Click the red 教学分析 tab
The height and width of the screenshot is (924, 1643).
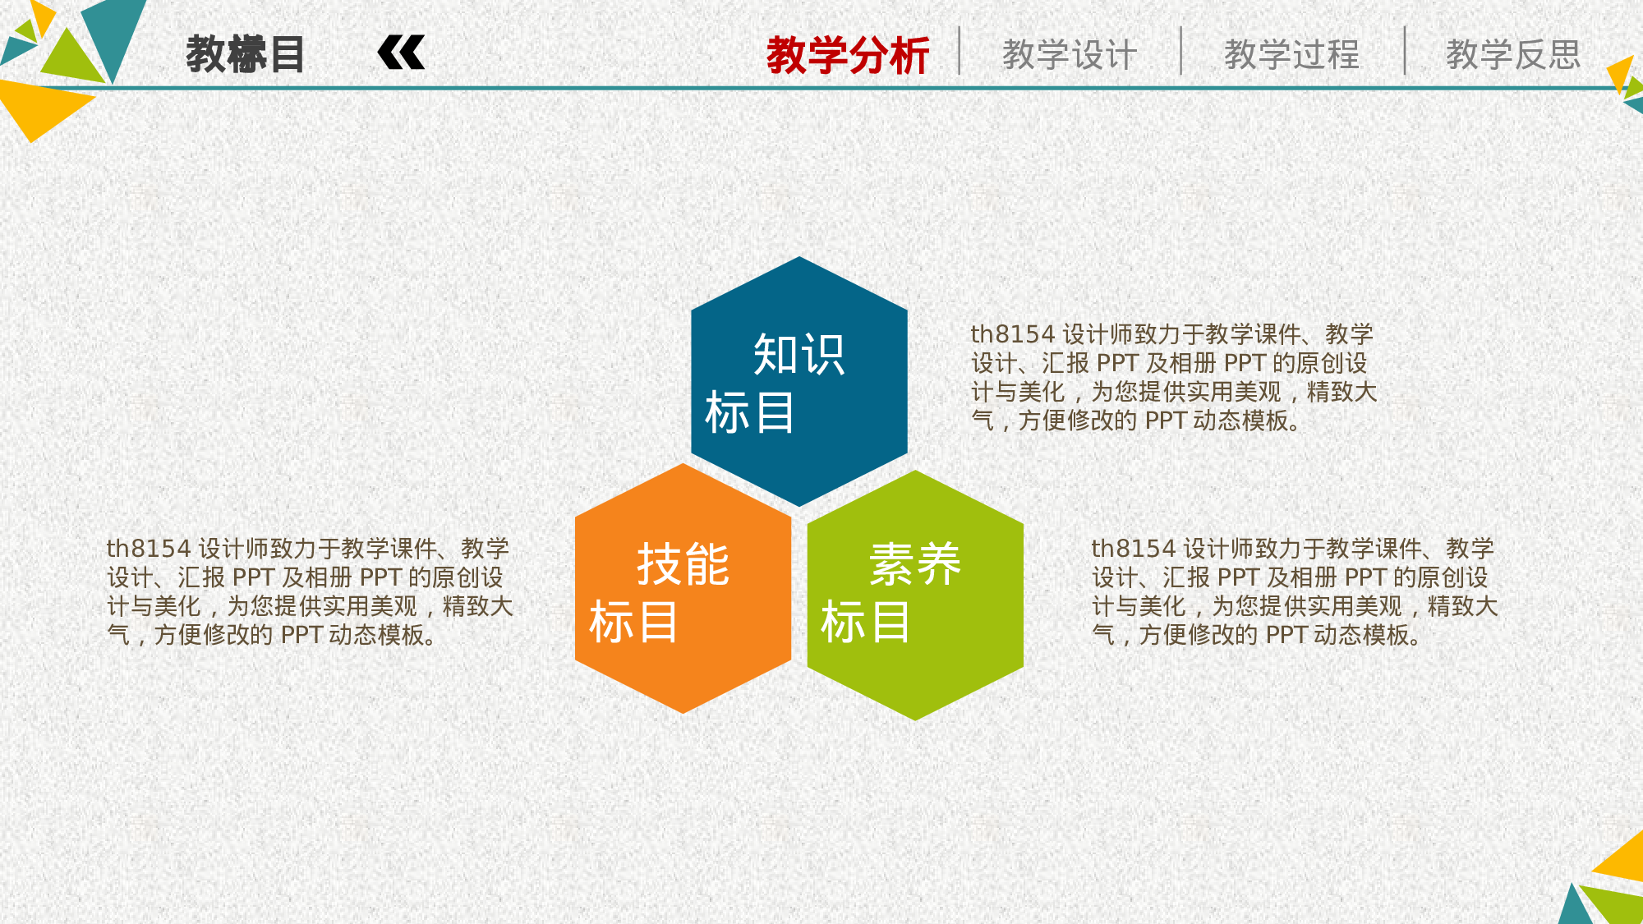(847, 56)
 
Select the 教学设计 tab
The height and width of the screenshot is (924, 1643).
(1070, 56)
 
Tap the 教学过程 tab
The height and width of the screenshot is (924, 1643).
(1291, 56)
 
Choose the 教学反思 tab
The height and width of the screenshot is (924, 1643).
(1513, 56)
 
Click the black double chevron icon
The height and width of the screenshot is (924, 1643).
(401, 53)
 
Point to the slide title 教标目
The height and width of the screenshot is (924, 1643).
(245, 55)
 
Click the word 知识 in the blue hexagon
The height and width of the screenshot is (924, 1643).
(799, 355)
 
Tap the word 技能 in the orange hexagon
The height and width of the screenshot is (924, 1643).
(683, 565)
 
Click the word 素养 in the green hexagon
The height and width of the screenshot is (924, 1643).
(915, 565)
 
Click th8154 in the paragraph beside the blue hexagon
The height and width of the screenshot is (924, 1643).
(1012, 335)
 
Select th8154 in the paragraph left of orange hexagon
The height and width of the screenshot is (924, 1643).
(148, 549)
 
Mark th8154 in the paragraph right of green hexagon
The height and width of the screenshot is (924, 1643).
(1133, 549)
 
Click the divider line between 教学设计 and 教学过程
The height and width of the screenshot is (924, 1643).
(1181, 51)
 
